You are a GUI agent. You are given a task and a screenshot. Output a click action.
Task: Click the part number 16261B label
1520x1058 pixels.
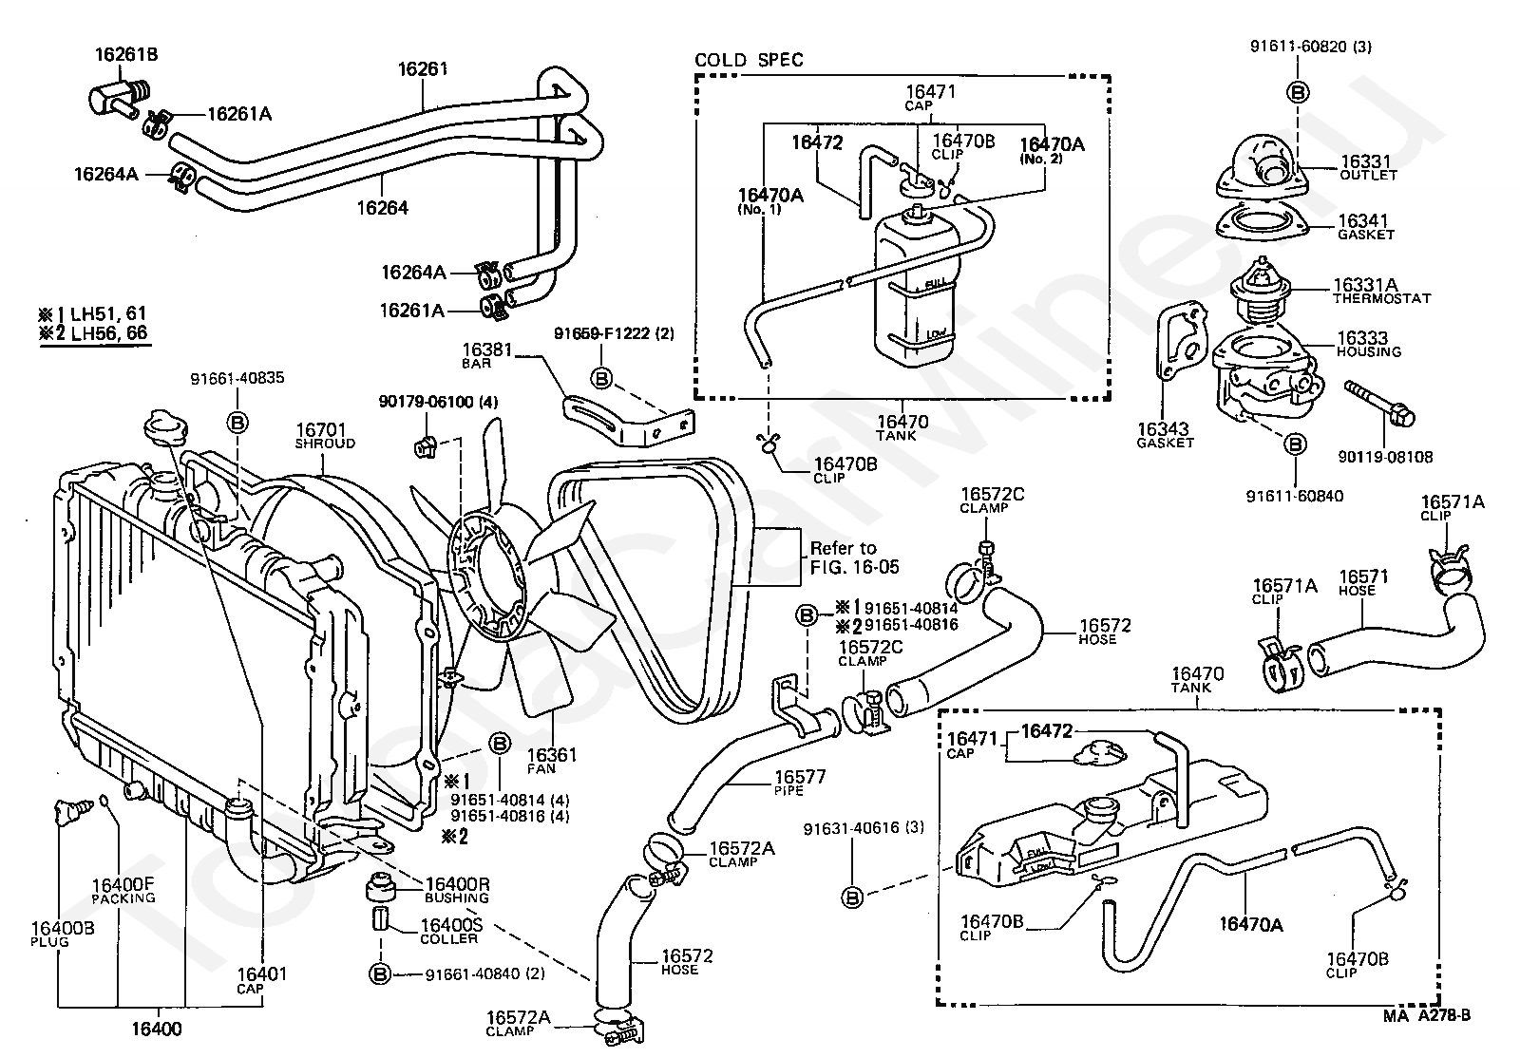[x=125, y=55]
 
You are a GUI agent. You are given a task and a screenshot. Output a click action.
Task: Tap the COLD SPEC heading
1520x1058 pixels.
[x=749, y=60]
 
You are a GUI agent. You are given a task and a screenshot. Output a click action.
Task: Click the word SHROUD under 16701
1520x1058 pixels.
[x=325, y=444]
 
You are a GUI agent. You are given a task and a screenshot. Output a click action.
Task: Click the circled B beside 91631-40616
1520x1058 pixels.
[x=852, y=895]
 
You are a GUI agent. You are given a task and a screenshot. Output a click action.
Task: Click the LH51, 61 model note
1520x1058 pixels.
[x=93, y=313]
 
